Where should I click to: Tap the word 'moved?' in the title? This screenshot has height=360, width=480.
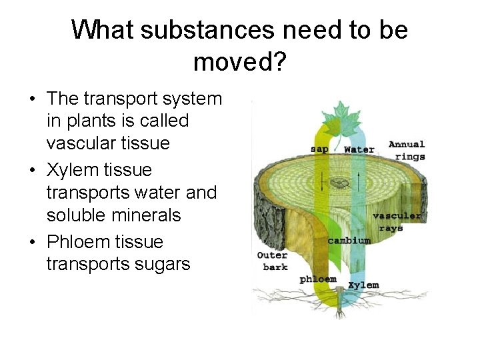pos(239,62)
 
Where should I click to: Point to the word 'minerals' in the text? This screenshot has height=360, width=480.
pos(147,215)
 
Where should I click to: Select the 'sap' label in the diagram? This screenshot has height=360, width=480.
pos(320,149)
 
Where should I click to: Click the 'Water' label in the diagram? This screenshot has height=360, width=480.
pos(359,149)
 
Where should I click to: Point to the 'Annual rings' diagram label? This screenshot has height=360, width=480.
pos(407,150)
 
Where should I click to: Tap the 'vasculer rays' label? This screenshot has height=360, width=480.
pos(397,221)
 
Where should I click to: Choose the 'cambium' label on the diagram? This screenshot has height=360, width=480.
pos(349,240)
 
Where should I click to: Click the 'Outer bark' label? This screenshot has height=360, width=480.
pos(273,261)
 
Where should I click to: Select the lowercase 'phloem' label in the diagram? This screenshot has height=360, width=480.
pos(318,279)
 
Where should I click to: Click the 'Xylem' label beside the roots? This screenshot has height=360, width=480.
pos(363,285)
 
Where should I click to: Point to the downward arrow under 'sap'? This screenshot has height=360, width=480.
pos(325,180)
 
